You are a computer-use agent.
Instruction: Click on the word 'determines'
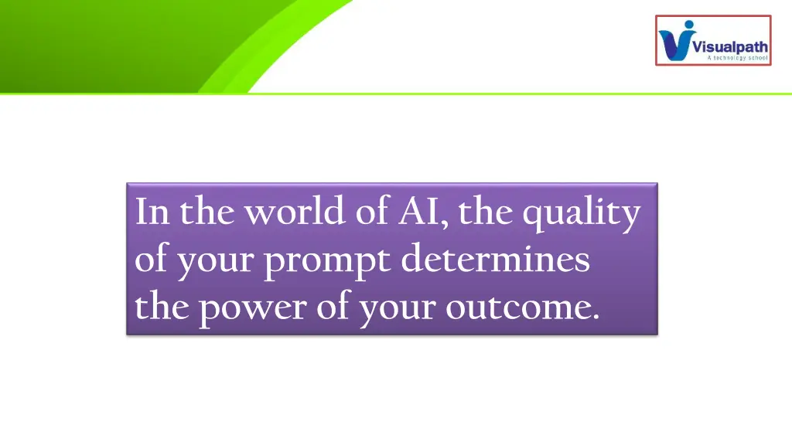pyautogui.click(x=495, y=260)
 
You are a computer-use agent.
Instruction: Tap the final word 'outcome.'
pyautogui.click(x=522, y=307)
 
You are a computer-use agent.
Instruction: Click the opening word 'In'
pyautogui.click(x=152, y=212)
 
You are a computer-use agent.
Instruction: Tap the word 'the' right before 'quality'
pyautogui.click(x=486, y=212)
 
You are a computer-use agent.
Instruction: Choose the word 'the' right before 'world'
pyautogui.click(x=209, y=212)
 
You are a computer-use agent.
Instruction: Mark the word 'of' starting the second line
pyautogui.click(x=151, y=260)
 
